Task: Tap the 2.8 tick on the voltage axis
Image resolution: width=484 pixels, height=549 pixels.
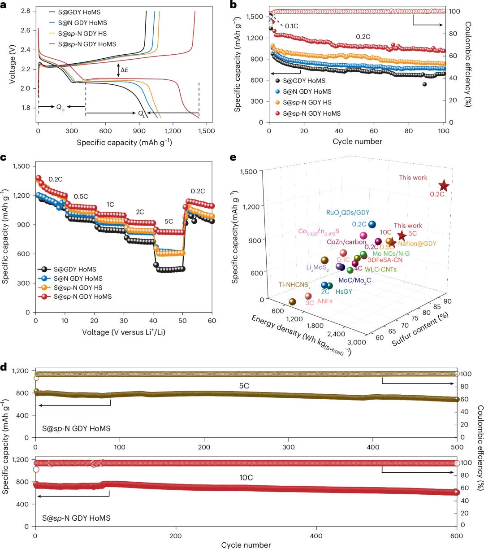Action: [x=25, y=11]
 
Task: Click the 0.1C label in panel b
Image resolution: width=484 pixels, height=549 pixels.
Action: [x=292, y=26]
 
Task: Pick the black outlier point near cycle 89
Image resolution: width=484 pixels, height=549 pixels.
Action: [x=424, y=84]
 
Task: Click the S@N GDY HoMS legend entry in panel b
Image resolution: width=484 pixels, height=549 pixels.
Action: [x=307, y=91]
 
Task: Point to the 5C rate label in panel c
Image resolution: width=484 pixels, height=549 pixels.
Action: [x=169, y=222]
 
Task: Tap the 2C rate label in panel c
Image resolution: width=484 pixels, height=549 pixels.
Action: [x=140, y=212]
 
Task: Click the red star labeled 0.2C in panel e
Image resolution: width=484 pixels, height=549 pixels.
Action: [x=444, y=186]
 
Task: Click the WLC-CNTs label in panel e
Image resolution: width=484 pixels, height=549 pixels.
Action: [x=380, y=270]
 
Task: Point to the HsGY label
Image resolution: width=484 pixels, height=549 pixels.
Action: [x=344, y=292]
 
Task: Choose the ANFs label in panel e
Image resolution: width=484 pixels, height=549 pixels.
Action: [x=325, y=301]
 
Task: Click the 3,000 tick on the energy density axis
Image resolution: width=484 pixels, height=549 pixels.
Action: [x=357, y=342]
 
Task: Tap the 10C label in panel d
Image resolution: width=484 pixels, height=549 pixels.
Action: [x=246, y=478]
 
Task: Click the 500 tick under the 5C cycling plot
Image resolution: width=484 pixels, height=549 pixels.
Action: [x=457, y=447]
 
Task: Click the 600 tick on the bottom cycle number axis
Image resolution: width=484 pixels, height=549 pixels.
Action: [x=456, y=536]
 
